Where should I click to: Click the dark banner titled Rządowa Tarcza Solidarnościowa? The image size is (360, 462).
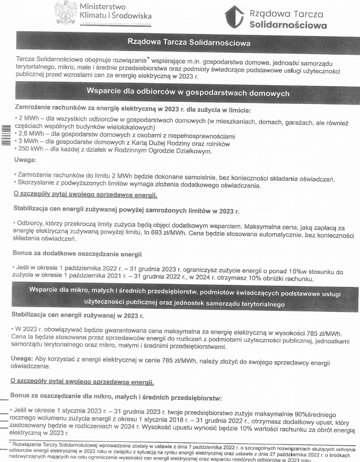(x=188, y=42)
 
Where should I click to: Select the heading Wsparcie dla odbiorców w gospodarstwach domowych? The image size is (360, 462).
(x=188, y=92)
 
